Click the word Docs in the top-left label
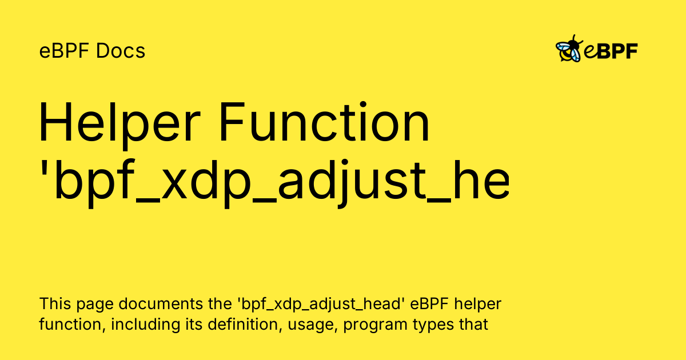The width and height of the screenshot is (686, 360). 121,51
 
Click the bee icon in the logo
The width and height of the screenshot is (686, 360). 569,49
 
